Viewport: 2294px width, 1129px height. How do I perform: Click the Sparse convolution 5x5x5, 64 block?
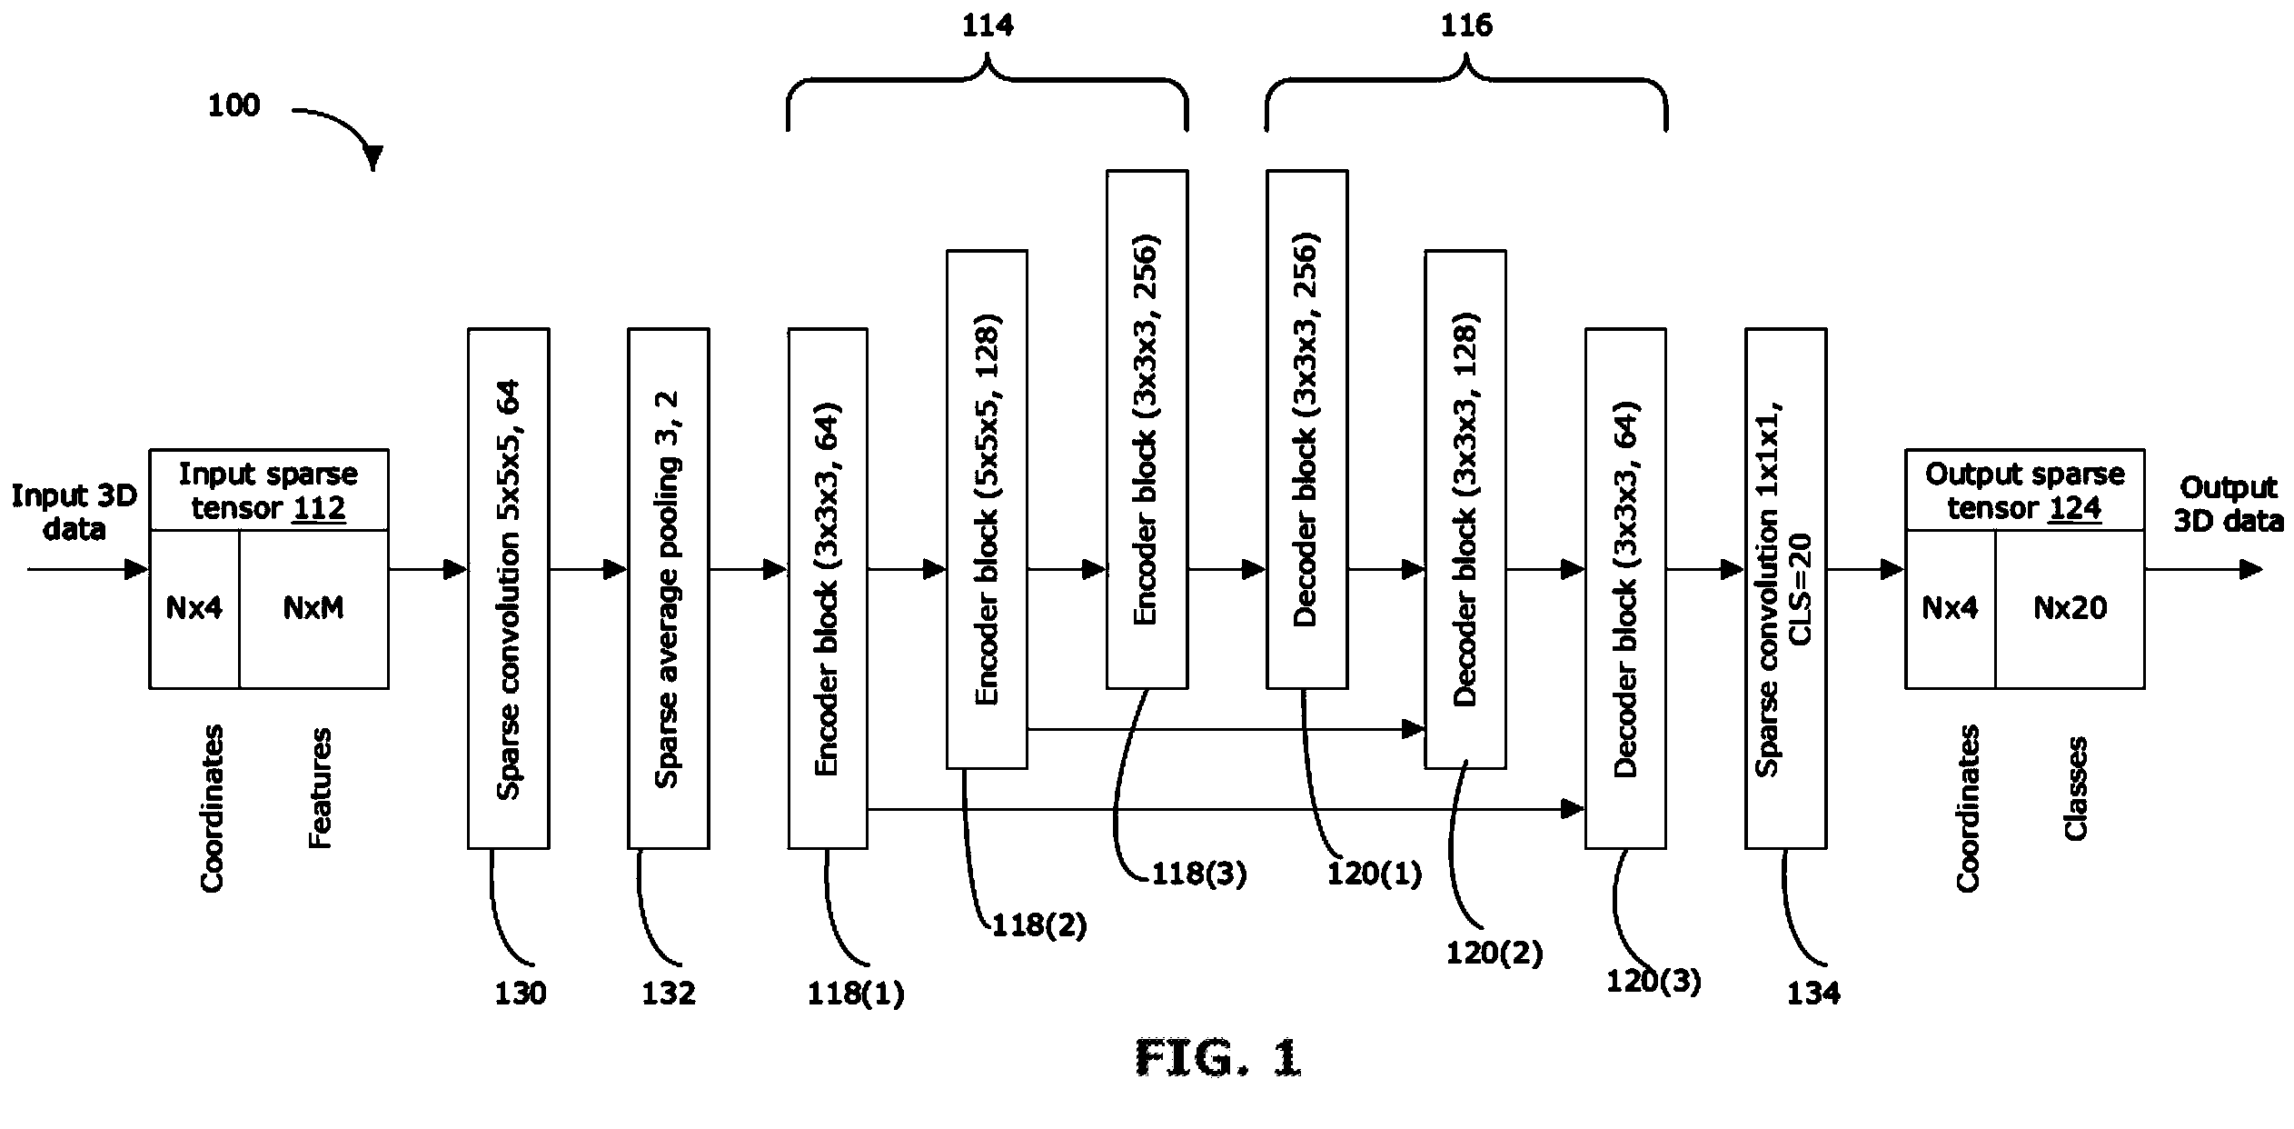[x=508, y=588]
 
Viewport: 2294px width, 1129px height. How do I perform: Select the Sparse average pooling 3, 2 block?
[x=668, y=588]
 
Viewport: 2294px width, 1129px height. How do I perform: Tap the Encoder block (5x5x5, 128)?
[x=987, y=509]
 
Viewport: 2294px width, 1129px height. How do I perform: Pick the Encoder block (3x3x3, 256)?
[x=1147, y=429]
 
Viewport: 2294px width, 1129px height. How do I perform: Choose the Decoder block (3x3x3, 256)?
[x=1306, y=429]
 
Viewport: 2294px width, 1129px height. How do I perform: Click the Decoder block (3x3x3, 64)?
[x=1625, y=588]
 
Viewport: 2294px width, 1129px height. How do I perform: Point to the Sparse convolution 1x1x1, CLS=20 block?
[x=1785, y=588]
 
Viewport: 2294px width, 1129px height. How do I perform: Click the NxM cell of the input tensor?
[x=313, y=609]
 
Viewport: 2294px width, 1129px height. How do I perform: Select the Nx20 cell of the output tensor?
[x=2070, y=609]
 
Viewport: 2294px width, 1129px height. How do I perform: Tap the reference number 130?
[x=520, y=994]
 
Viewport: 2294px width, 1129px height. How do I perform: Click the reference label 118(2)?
[x=1039, y=925]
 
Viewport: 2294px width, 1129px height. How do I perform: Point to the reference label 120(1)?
[x=1375, y=874]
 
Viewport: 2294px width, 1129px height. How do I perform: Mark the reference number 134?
[x=1813, y=994]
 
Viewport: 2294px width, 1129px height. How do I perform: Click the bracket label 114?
[x=988, y=25]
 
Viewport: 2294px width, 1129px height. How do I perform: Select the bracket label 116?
[x=1466, y=25]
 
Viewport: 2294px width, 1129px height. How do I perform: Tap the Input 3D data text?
[x=74, y=513]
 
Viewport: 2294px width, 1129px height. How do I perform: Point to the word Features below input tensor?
[x=320, y=788]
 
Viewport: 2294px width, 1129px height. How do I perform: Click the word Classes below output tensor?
[x=2076, y=788]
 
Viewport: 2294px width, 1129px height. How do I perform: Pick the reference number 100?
[x=233, y=105]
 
